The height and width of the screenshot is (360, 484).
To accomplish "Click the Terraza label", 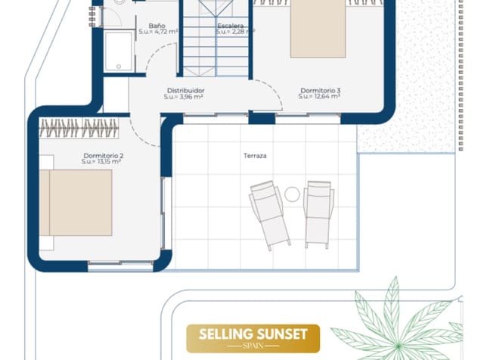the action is point(255,156).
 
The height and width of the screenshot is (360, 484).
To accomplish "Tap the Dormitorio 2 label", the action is point(104,156).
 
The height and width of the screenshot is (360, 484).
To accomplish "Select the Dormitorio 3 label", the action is point(321,91).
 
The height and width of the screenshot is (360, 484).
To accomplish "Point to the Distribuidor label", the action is point(185,91).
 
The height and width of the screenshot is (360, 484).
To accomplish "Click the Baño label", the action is point(157,26).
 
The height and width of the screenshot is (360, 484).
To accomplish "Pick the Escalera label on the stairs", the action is point(231,26).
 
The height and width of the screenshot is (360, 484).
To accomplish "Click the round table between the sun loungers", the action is point(292,194).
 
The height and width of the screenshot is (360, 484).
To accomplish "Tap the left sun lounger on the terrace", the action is point(270,216).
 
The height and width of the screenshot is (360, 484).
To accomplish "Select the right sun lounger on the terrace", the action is point(318,214).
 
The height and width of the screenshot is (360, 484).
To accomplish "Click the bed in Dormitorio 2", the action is point(76,203).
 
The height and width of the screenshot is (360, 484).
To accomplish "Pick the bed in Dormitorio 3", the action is point(318,29).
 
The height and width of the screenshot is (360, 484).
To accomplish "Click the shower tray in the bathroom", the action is point(119,51).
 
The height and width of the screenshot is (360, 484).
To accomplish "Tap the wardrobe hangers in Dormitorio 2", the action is point(79,128).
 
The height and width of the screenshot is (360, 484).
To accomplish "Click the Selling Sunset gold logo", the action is point(253,338).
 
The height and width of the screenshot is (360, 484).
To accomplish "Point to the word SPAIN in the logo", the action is point(253,346).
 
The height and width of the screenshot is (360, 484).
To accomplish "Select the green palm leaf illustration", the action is point(399,321).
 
